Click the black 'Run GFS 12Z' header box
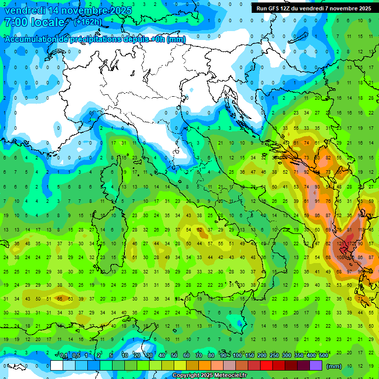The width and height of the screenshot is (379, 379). point(314,8)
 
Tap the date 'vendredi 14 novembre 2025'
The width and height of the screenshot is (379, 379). point(68,9)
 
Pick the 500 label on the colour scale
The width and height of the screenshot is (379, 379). point(323,356)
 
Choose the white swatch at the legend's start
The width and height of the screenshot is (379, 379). point(57,366)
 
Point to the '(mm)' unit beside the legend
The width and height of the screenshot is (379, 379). point(334,366)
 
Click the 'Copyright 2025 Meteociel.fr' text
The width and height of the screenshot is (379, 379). point(214,376)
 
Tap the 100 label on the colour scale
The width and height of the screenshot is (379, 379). point(237,356)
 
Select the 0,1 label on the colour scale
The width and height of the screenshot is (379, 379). point(64,356)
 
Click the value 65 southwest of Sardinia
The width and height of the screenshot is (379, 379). point(60,299)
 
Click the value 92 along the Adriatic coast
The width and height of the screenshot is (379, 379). point(306,172)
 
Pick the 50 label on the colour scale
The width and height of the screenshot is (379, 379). point(174,356)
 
